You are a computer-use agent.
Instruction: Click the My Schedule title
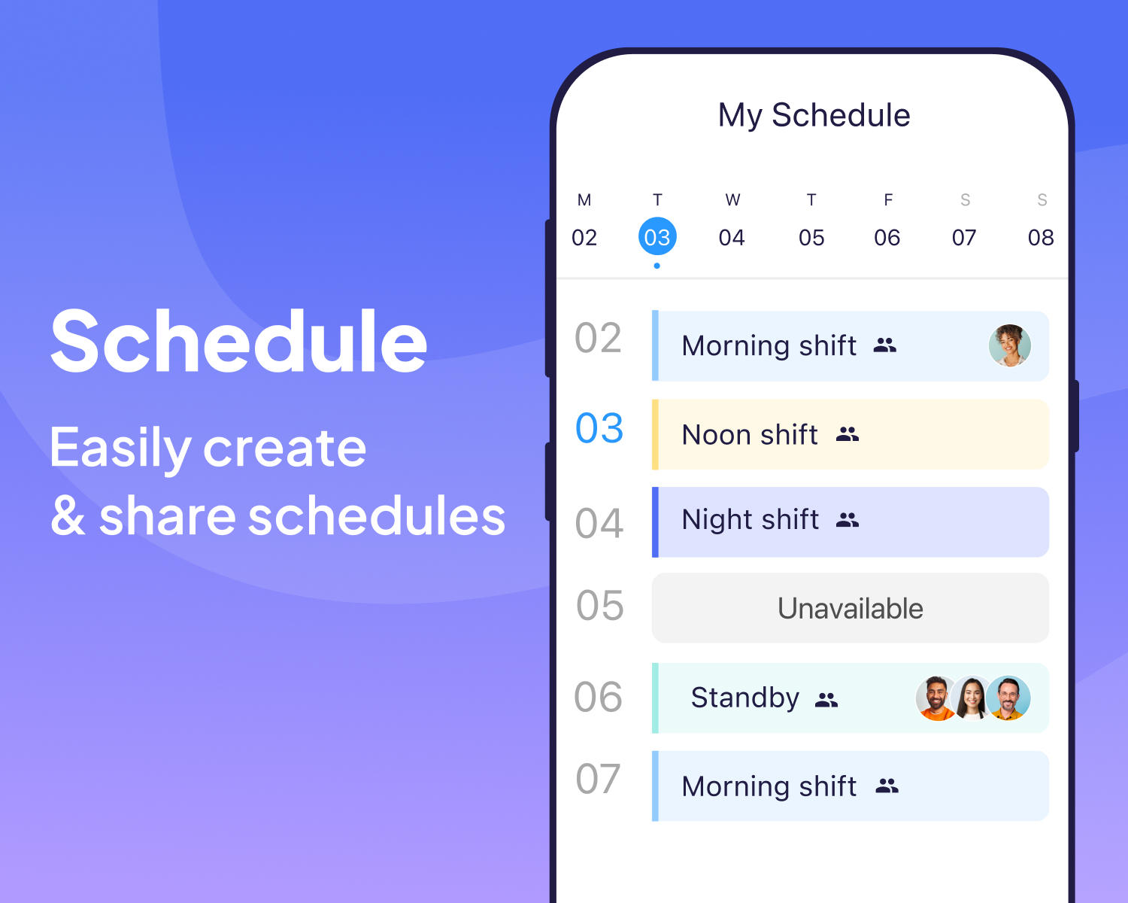tap(814, 116)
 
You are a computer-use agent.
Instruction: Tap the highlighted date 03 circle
tap(657, 237)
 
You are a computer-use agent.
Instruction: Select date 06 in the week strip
tap(887, 238)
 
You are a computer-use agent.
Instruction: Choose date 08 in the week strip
tap(1041, 238)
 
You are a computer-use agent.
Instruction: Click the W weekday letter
tap(732, 200)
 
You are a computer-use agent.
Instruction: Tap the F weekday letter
tap(888, 200)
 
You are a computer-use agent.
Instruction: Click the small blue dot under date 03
tap(657, 266)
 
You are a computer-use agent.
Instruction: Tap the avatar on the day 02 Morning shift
tap(1009, 345)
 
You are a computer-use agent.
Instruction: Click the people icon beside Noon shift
tap(848, 434)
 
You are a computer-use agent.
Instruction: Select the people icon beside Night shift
tap(848, 519)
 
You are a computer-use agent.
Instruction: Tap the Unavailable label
tap(850, 608)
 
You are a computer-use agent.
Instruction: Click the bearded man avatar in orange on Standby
tap(936, 698)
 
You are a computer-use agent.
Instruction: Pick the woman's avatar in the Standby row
tap(972, 698)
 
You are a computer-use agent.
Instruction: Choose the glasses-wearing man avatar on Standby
tap(1009, 698)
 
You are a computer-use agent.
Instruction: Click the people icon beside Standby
tap(826, 700)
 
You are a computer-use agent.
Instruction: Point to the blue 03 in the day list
tap(599, 429)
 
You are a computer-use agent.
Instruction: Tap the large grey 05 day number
tap(599, 606)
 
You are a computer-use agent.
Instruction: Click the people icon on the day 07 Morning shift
tap(887, 786)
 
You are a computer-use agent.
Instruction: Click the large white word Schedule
tap(238, 342)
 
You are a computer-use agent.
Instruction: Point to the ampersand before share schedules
tap(68, 516)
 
